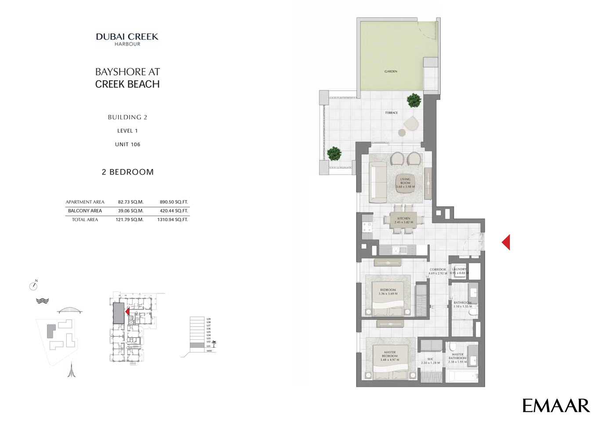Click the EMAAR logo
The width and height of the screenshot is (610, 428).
pyautogui.click(x=556, y=405)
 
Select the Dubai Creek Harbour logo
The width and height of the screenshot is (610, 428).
pyautogui.click(x=127, y=39)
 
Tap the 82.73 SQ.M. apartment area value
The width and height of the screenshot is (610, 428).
pyautogui.click(x=131, y=202)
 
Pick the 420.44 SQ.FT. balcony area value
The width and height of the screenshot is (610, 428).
pyautogui.click(x=174, y=211)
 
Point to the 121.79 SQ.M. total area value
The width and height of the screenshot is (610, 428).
pyautogui.click(x=129, y=219)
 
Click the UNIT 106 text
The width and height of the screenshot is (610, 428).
pyautogui.click(x=127, y=144)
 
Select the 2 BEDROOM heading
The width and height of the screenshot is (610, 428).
pyautogui.click(x=127, y=172)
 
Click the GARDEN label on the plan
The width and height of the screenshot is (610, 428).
pyautogui.click(x=391, y=71)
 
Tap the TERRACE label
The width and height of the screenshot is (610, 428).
pyautogui.click(x=391, y=113)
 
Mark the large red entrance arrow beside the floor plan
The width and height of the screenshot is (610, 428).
pyautogui.click(x=506, y=242)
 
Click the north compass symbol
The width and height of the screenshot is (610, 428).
pyautogui.click(x=33, y=286)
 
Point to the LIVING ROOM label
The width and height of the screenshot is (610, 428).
pyautogui.click(x=405, y=183)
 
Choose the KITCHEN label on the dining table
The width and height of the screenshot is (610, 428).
pyautogui.click(x=403, y=220)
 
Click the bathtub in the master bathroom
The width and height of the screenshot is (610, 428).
pyautogui.click(x=462, y=376)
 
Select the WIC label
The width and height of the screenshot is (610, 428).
pyautogui.click(x=430, y=361)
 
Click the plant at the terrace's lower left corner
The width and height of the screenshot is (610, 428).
pyautogui.click(x=334, y=154)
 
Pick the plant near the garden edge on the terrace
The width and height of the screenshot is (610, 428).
pyautogui.click(x=414, y=101)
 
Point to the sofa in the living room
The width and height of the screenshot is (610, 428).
pyautogui.click(x=378, y=183)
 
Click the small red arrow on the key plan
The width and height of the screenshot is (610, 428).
pyautogui.click(x=127, y=311)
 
